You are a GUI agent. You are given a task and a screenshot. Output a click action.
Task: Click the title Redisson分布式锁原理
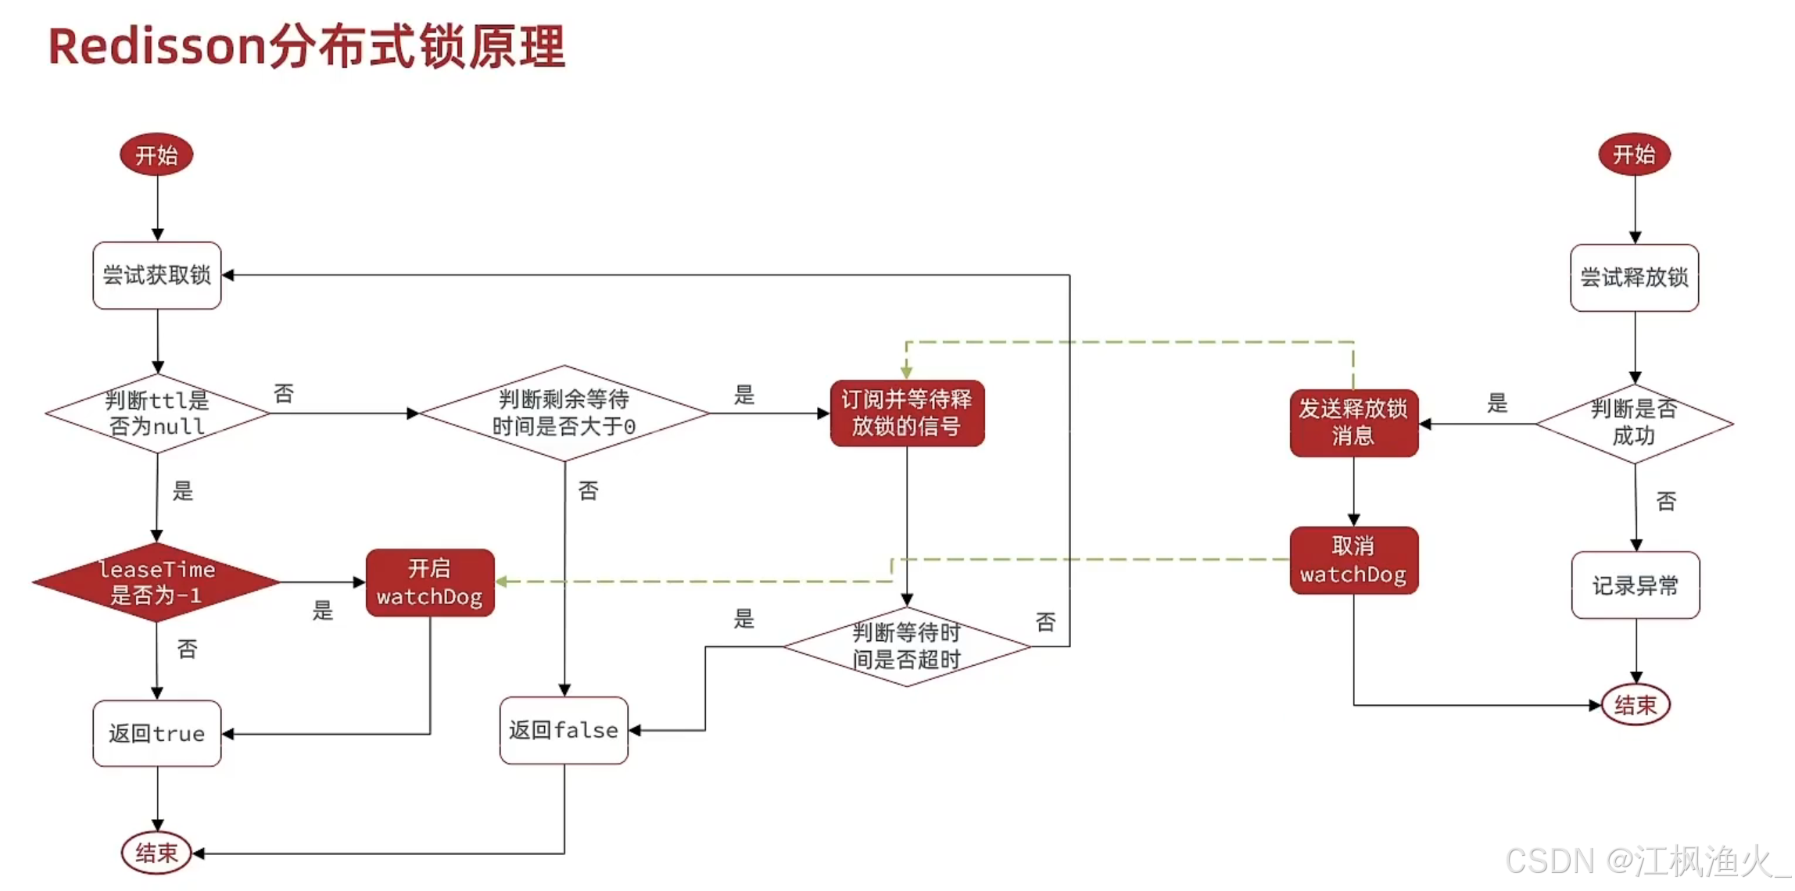pyautogui.click(x=306, y=47)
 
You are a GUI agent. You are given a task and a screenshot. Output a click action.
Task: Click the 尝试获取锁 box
pyautogui.click(x=157, y=275)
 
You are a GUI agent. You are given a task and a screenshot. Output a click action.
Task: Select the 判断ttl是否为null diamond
pyautogui.click(x=157, y=413)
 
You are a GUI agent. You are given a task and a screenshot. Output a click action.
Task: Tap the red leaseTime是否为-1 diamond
pyautogui.click(x=156, y=582)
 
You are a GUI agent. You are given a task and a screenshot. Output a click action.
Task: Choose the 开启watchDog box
pyautogui.click(x=430, y=582)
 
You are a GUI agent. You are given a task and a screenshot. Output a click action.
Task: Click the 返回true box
pyautogui.click(x=157, y=733)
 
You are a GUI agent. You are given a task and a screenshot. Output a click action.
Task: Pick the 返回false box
pyautogui.click(x=564, y=730)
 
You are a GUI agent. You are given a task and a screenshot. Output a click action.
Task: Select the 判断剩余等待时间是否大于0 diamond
pyautogui.click(x=564, y=413)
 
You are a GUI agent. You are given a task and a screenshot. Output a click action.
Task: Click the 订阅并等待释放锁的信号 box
pyautogui.click(x=907, y=413)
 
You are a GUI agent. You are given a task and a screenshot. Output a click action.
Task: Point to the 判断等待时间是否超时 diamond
pyautogui.click(x=907, y=646)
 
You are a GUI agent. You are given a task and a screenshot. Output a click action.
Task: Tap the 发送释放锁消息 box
pyautogui.click(x=1353, y=423)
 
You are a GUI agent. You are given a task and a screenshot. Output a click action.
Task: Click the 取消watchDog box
pyautogui.click(x=1353, y=560)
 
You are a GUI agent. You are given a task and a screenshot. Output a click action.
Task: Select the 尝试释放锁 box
pyautogui.click(x=1634, y=277)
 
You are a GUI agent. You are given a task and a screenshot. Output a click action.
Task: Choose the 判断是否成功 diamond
pyautogui.click(x=1634, y=423)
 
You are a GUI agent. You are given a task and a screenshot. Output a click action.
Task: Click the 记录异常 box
pyautogui.click(x=1636, y=585)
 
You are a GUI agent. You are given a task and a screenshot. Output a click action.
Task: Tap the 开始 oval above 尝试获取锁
pyautogui.click(x=156, y=155)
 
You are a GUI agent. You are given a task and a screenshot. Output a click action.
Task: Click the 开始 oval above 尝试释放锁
pyautogui.click(x=1634, y=155)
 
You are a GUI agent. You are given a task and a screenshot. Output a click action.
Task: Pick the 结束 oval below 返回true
pyautogui.click(x=156, y=853)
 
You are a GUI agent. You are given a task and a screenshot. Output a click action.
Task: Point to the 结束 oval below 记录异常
pyautogui.click(x=1636, y=705)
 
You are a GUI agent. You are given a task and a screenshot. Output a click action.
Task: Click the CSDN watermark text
pyautogui.click(x=1642, y=861)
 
